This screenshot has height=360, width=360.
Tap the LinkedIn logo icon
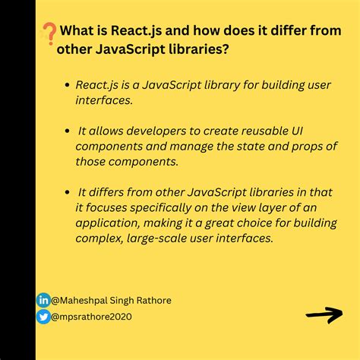pos(43,300)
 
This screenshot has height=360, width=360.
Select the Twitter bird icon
pos(43,315)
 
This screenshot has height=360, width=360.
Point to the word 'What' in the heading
pos(77,32)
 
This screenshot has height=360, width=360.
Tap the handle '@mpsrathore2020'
pos(91,316)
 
